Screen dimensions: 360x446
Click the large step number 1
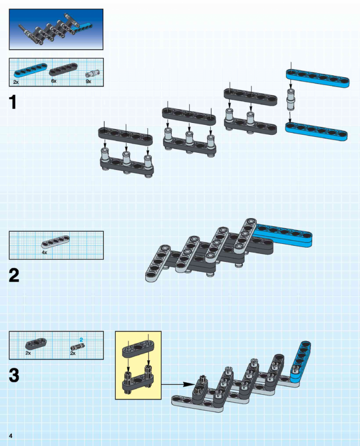13,102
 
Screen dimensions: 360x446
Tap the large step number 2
14,275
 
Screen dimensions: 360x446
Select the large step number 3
14,375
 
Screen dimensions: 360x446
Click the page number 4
11,436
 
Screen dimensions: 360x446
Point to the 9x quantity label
88,81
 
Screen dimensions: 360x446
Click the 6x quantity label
54,81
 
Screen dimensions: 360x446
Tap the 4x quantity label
45,252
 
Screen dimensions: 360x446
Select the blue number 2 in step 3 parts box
81,340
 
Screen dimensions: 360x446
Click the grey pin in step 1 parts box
92,74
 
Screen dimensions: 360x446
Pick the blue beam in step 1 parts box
30,70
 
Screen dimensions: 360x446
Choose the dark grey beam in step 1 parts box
63,69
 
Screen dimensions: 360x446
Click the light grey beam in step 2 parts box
55,242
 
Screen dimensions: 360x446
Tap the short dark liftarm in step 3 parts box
36,344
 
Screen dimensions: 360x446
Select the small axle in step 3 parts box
78,347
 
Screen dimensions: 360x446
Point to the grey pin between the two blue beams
291,99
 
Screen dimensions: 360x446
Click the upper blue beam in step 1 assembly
318,78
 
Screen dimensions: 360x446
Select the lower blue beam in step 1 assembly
316,131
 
